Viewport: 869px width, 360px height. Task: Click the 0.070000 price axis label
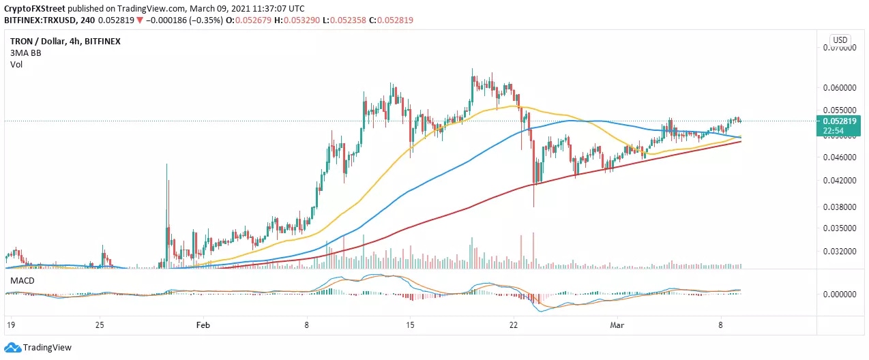840,48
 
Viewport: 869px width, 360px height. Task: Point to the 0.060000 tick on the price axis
840,88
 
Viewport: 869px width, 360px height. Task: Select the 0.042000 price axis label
840,181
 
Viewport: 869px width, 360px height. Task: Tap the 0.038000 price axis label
840,207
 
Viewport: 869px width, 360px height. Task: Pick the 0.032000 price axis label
840,252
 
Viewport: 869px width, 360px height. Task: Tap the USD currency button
840,40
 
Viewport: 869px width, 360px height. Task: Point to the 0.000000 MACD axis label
840,295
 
